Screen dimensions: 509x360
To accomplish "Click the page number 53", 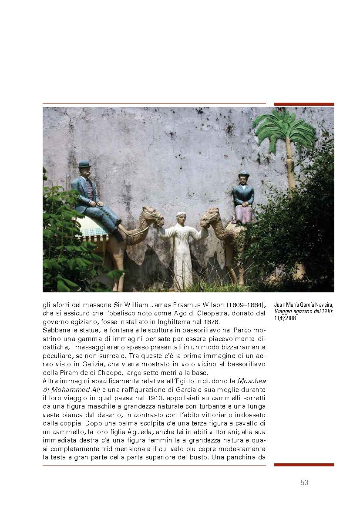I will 304,482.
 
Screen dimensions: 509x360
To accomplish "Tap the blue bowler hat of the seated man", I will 84,164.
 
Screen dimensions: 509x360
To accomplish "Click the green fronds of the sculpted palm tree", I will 285,128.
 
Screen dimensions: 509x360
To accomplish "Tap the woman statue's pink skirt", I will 244,214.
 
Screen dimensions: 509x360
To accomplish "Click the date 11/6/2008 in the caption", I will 286,318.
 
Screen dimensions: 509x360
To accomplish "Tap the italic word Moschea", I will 251,381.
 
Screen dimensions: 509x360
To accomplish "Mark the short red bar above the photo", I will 304,104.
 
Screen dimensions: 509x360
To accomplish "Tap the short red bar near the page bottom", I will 304,465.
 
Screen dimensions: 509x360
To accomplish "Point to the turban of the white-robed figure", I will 181,214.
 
